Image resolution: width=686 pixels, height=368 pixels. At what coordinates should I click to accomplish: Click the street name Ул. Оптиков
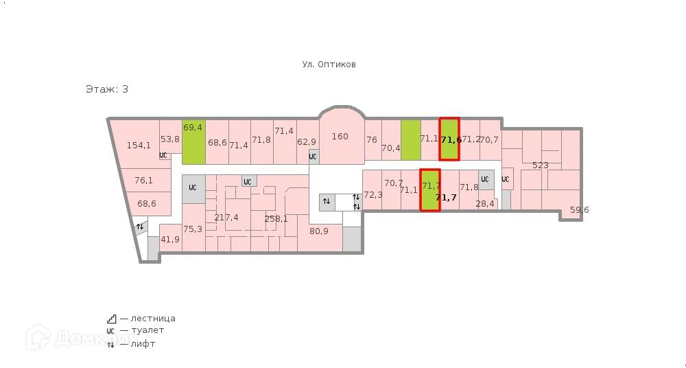329,65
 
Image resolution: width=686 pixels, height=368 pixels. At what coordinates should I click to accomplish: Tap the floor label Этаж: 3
107,89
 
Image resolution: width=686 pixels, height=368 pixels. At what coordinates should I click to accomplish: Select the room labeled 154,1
139,145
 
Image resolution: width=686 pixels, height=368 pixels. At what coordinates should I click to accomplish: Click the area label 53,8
170,139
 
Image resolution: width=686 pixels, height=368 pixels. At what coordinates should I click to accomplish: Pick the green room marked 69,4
193,128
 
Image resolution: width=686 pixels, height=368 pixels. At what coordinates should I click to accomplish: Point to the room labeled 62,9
307,142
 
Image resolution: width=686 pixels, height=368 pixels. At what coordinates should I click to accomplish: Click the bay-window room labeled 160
340,137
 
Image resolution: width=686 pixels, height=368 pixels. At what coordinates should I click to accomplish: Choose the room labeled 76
372,139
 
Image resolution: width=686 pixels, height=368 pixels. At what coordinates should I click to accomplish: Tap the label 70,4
390,148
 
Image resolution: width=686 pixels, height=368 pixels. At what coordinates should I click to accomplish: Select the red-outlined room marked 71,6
450,140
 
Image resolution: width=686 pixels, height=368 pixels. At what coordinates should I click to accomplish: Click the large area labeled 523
541,165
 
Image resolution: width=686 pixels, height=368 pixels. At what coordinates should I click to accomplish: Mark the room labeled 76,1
143,181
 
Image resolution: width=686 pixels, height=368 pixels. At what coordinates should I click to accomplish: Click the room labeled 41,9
170,240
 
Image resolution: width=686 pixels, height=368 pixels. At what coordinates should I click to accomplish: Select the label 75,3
193,229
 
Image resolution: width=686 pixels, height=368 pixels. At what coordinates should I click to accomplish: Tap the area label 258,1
276,219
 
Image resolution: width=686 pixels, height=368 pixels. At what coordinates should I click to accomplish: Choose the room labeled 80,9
319,231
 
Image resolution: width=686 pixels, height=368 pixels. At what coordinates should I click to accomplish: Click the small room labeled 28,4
485,204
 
